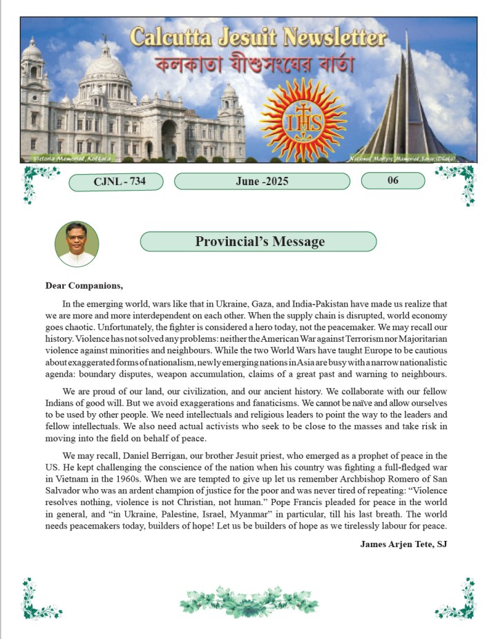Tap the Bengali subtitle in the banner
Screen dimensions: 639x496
[254, 66]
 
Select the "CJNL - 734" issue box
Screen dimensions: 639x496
[116, 182]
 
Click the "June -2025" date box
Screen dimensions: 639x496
[262, 182]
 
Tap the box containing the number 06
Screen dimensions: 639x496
[392, 181]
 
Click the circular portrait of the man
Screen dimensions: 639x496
[77, 245]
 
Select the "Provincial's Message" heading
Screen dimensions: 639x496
[259, 242]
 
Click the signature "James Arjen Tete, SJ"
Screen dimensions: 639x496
[404, 544]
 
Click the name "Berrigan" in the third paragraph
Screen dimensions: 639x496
[158, 456]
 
